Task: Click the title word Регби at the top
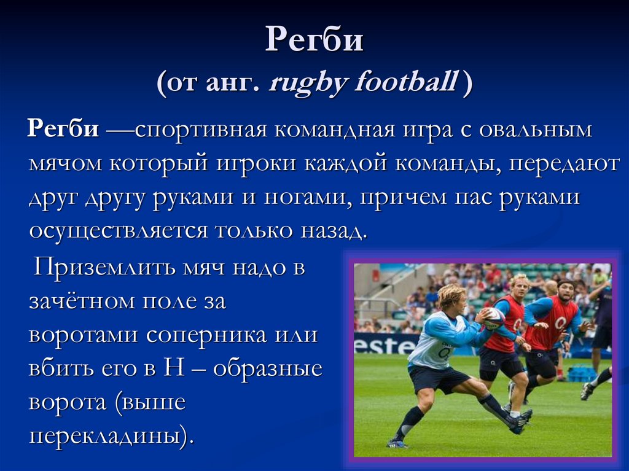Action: (314, 39)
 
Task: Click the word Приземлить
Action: (104, 267)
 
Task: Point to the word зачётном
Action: (82, 302)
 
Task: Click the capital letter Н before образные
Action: (174, 368)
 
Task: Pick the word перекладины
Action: (109, 436)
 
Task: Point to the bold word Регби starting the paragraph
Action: (63, 130)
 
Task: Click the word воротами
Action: (84, 335)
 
